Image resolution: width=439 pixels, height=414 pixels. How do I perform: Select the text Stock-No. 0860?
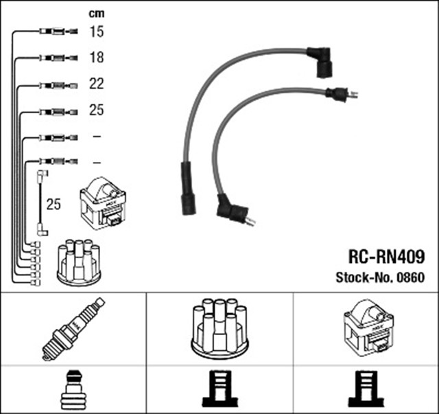click(379, 277)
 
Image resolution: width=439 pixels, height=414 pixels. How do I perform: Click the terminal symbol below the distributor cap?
click(219, 390)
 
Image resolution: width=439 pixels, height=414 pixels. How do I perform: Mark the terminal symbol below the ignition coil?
click(365, 390)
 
